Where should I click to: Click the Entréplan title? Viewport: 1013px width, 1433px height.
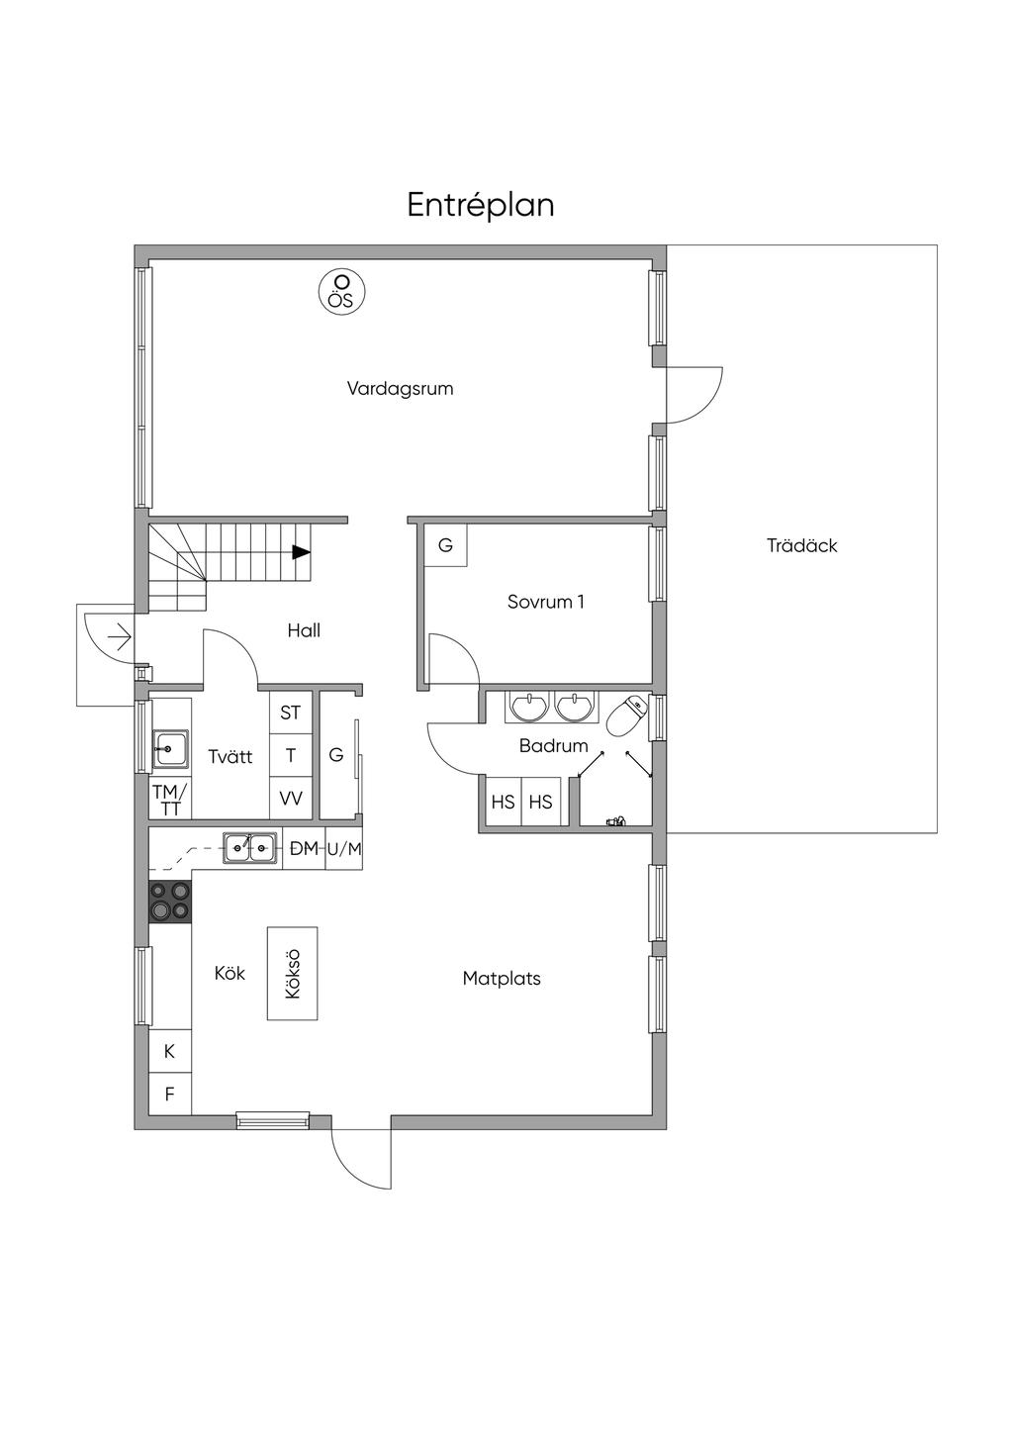[480, 206]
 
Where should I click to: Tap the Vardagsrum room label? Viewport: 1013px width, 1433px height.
[401, 388]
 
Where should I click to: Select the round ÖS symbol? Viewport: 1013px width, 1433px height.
[342, 292]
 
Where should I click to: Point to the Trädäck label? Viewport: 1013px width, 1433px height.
[802, 545]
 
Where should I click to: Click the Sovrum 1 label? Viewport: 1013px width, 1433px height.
[545, 602]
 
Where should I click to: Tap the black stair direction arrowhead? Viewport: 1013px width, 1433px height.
[301, 552]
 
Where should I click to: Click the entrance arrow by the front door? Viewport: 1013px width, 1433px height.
[120, 637]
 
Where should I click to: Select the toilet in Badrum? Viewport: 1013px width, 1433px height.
[625, 716]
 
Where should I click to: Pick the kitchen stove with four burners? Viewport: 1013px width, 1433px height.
[170, 902]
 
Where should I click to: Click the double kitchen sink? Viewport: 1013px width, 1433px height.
[250, 848]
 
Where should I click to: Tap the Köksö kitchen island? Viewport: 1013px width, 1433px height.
[292, 973]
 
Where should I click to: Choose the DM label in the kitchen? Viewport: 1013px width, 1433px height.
[304, 849]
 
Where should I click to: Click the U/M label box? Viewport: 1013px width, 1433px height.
[344, 849]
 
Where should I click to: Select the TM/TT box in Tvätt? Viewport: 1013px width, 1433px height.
[170, 799]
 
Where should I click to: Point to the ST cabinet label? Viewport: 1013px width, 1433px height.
[290, 712]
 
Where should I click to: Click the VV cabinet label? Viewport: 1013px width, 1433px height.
[290, 798]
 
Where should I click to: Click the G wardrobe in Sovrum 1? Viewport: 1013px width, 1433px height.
[446, 545]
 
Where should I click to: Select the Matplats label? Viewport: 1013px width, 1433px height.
[502, 978]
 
